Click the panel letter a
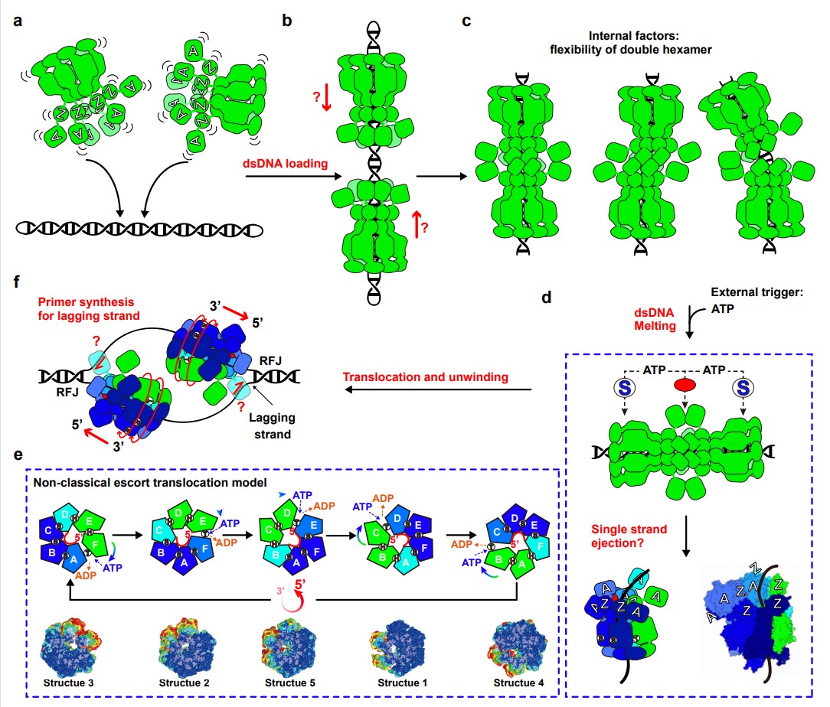coord(18,21)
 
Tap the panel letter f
coord(17,280)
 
